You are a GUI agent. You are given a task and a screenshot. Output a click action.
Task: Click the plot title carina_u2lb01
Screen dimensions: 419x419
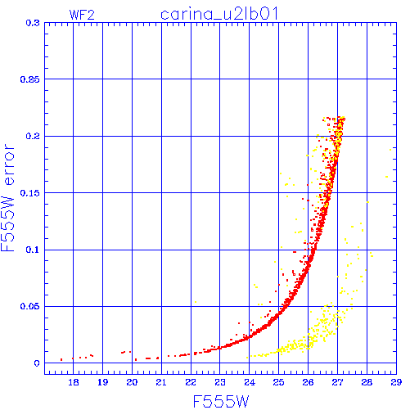219,14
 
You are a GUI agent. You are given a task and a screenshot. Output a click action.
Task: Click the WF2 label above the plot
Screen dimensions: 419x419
82,15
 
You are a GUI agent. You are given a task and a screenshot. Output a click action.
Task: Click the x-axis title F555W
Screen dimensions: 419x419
221,402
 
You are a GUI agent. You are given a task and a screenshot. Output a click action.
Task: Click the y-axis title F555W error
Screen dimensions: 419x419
7,197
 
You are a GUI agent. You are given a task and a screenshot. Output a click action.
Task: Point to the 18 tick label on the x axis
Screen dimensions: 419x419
74,382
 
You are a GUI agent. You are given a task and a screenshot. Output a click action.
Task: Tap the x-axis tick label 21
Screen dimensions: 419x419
161,382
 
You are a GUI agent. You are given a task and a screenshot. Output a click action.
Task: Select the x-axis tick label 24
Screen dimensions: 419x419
250,382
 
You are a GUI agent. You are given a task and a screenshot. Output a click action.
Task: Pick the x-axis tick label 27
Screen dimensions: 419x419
337,382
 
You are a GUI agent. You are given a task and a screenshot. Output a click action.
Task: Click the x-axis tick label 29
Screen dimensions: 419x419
396,382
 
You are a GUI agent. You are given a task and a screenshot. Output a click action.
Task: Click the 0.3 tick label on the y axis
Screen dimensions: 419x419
33,23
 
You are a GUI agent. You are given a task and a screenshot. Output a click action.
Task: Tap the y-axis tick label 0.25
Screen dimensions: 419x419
30,79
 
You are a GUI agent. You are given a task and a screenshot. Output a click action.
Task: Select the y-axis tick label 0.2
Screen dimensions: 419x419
33,136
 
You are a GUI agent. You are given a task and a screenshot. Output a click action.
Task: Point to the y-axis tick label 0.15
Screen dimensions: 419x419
30,193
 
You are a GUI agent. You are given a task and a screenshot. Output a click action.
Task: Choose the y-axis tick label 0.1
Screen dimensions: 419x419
33,250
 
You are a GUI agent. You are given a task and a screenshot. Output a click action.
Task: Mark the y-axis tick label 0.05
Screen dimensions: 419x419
30,306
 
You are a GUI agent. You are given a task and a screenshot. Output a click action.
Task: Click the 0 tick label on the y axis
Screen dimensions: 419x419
37,363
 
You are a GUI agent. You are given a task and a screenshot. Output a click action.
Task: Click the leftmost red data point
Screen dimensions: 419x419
61,360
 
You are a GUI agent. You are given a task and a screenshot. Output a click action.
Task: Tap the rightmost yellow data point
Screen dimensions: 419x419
390,150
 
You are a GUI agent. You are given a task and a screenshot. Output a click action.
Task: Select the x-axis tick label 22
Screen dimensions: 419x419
191,382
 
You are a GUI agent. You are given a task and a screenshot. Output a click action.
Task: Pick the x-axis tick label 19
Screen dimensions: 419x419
103,382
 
